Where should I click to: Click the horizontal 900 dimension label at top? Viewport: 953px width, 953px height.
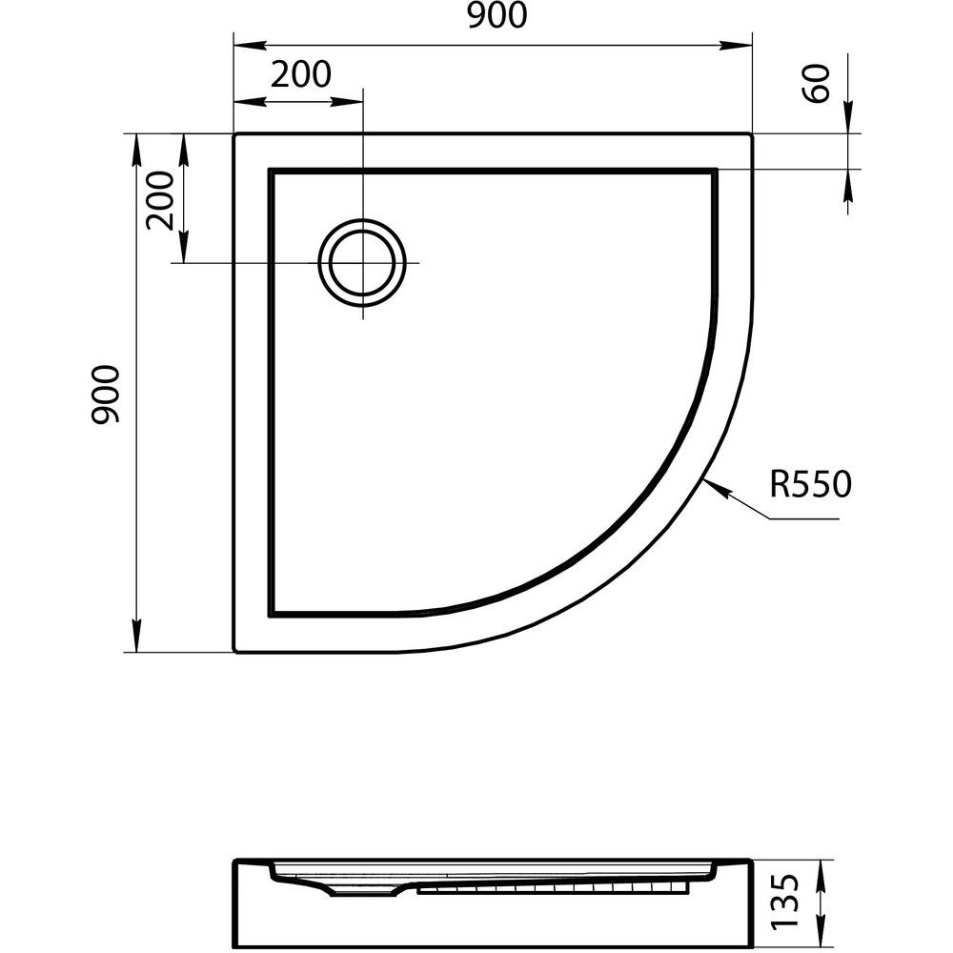497,15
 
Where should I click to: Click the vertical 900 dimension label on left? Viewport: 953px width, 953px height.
106,394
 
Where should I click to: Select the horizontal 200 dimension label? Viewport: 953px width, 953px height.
301,74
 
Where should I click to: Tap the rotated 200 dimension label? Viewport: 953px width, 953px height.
160,200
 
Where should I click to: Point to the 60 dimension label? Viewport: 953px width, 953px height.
816,83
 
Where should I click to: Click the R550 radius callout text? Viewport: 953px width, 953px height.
811,484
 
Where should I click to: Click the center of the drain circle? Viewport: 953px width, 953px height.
363,263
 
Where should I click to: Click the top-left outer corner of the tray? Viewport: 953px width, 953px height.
234,133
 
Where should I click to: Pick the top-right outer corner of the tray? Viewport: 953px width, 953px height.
752,133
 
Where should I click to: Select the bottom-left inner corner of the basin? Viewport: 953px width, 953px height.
271,615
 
